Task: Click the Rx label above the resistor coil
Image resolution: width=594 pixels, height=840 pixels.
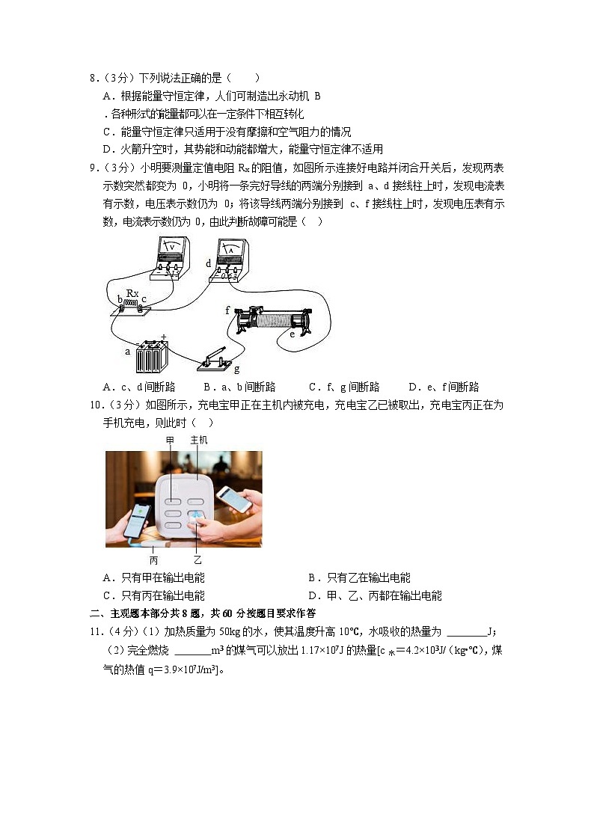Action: pos(132,293)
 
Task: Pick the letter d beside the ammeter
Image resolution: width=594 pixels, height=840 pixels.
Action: pos(208,263)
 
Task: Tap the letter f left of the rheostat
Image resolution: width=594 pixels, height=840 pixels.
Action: pos(227,310)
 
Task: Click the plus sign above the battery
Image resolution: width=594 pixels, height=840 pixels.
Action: pos(163,336)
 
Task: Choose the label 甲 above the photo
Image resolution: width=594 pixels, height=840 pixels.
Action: pos(170,441)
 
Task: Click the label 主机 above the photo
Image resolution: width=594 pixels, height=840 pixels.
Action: pos(199,441)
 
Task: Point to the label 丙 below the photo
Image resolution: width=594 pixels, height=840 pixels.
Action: pos(153,560)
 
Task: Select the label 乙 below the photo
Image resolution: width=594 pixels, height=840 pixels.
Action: pos(198,560)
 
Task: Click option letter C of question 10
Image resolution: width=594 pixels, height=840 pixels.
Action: pos(107,595)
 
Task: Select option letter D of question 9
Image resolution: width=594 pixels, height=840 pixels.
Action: pos(412,387)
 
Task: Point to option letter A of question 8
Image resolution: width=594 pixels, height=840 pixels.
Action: pos(107,96)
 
